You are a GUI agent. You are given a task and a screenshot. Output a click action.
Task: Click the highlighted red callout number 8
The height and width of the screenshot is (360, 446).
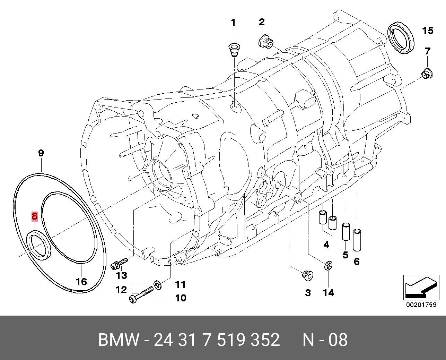pyautogui.click(x=34, y=216)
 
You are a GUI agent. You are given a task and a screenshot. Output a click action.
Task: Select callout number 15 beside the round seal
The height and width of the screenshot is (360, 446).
pyautogui.click(x=428, y=31)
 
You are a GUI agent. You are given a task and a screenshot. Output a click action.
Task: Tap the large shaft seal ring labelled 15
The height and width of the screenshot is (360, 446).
pyautogui.click(x=401, y=38)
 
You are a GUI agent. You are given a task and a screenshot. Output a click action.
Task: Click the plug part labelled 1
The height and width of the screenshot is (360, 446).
pyautogui.click(x=233, y=50)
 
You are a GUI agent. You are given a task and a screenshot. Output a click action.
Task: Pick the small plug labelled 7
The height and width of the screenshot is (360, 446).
pyautogui.click(x=426, y=74)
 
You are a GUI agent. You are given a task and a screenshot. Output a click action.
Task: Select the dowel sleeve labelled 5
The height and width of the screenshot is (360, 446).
pyautogui.click(x=346, y=231)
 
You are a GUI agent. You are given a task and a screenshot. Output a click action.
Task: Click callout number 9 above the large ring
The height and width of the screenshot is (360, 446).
pyautogui.click(x=41, y=153)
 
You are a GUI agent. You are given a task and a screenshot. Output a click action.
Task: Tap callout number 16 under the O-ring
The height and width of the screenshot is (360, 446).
pyautogui.click(x=81, y=281)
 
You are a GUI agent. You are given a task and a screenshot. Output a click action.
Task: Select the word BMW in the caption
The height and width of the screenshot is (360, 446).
pyautogui.click(x=119, y=340)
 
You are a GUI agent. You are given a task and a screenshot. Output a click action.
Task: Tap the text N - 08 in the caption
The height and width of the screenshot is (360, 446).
pyautogui.click(x=325, y=340)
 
